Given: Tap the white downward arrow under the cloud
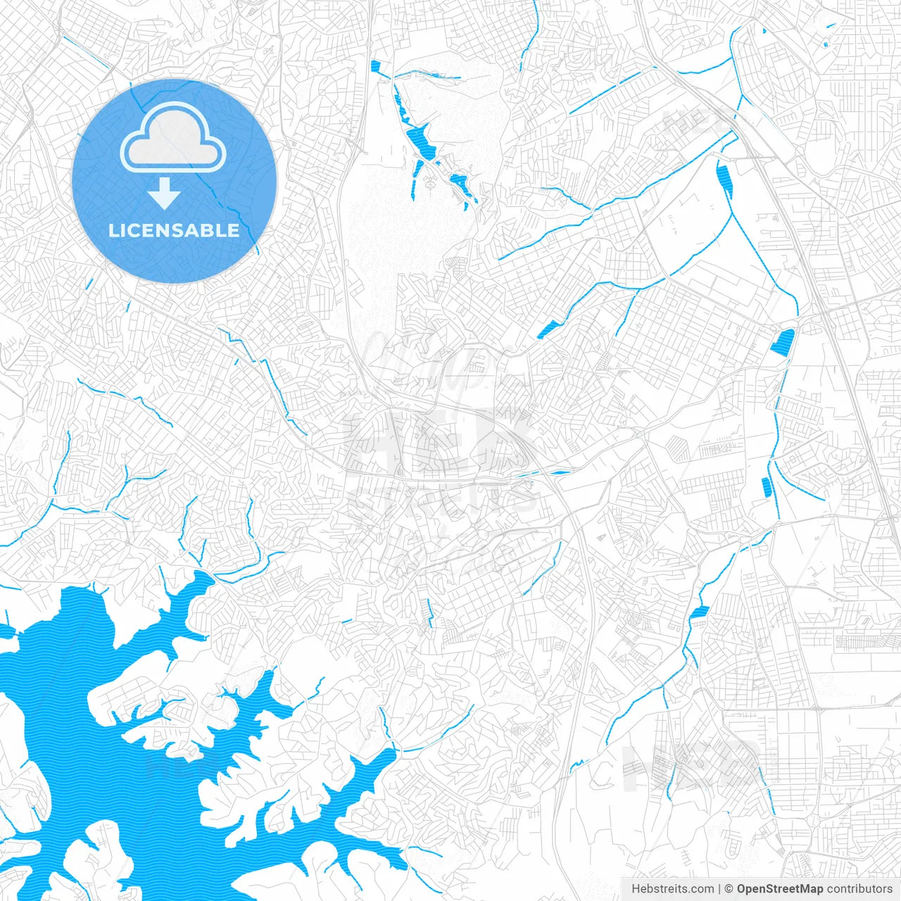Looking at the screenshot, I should (164, 194).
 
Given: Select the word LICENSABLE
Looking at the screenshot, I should (174, 230).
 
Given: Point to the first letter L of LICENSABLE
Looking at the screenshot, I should (113, 230).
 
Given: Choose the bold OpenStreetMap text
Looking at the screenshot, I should (780, 889).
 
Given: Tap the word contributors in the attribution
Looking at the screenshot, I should (859, 889).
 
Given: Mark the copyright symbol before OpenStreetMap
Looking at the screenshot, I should (729, 889).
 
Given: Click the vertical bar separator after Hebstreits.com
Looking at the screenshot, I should (719, 889).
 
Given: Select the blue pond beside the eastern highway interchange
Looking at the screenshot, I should (782, 342).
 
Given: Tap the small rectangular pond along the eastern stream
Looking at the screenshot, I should (767, 486).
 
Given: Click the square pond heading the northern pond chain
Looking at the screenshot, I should (374, 67).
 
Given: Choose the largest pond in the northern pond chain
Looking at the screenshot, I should (422, 141).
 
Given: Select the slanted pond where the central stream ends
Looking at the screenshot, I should (548, 329).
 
